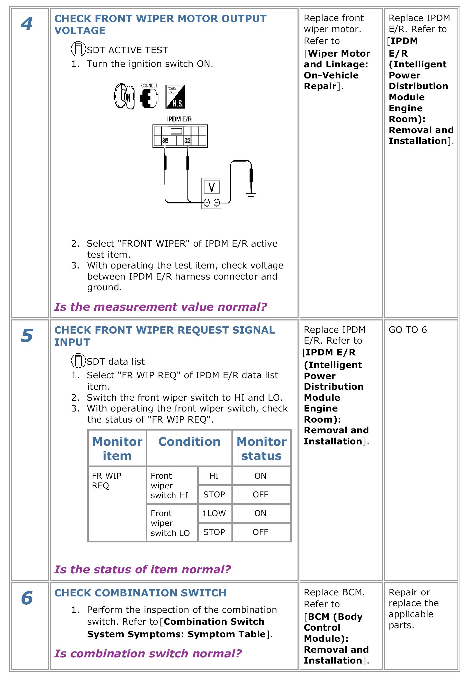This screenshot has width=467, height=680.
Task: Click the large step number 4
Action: [x=27, y=24]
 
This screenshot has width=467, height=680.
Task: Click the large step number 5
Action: [x=27, y=335]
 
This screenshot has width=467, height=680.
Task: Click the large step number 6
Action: [x=27, y=598]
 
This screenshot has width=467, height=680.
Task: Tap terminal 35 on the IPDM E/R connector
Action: [x=165, y=140]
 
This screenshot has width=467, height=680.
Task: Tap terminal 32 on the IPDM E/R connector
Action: [x=187, y=140]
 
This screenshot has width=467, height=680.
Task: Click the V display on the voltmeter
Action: [x=212, y=187]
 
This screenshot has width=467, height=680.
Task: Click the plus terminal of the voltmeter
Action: [x=207, y=202]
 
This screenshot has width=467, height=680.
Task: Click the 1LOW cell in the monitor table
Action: [x=214, y=513]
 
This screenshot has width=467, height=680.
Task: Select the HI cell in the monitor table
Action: [x=214, y=476]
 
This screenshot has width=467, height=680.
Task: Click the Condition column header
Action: [x=189, y=442]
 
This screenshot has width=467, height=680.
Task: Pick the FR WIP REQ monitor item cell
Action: [x=106, y=480]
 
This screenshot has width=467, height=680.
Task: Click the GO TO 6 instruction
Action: [x=408, y=330]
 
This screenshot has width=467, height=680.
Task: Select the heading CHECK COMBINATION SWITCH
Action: [x=140, y=593]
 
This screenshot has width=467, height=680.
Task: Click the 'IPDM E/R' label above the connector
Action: [x=179, y=119]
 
